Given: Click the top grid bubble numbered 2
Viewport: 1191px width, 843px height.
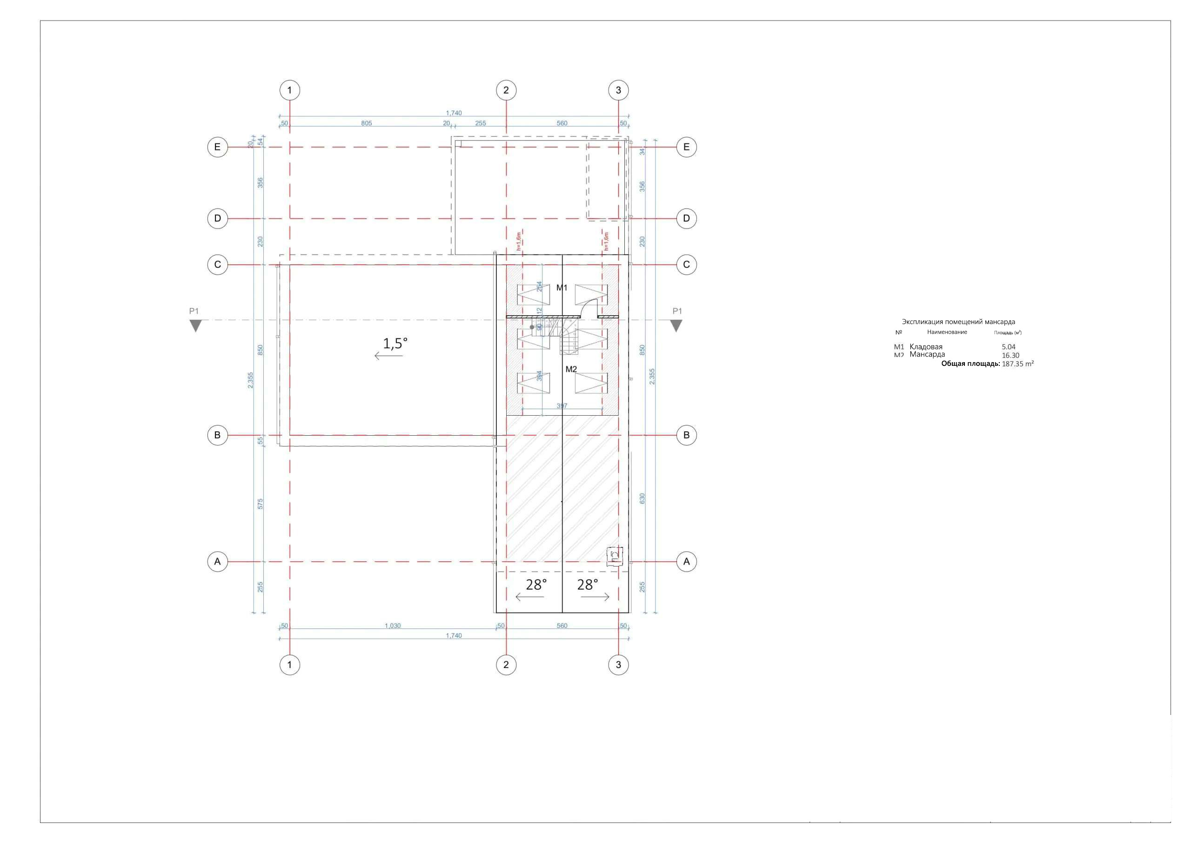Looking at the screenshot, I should (x=506, y=90).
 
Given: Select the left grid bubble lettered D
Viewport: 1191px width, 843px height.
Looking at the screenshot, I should (x=217, y=218).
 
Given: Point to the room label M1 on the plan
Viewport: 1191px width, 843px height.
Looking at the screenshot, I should (x=562, y=288).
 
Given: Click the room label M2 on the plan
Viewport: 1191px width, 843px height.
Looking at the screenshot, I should (x=570, y=370).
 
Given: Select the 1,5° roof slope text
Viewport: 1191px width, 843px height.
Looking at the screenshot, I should (x=395, y=343).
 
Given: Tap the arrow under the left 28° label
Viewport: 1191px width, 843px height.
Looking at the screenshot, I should (x=529, y=598).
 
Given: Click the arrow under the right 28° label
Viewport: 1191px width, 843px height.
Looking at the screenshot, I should (x=595, y=598).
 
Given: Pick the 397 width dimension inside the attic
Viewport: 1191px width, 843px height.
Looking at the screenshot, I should (x=562, y=406).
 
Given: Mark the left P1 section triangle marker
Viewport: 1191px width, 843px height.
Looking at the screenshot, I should (x=195, y=326).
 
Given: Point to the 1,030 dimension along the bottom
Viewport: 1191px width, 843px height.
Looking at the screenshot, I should (x=393, y=626).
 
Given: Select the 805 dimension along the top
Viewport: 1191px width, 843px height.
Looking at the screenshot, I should (x=366, y=123).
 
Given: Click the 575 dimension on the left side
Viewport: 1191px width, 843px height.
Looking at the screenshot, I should (x=261, y=504).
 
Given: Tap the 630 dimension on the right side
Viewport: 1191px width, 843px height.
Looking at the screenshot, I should (x=642, y=499).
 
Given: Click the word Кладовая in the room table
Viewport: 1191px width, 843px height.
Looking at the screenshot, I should (x=926, y=347).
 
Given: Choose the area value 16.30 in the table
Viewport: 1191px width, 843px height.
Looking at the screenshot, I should (x=1010, y=356).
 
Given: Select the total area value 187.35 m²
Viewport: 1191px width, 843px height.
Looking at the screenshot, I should (x=1017, y=364).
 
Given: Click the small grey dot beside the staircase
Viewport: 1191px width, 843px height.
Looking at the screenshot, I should (x=532, y=327).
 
